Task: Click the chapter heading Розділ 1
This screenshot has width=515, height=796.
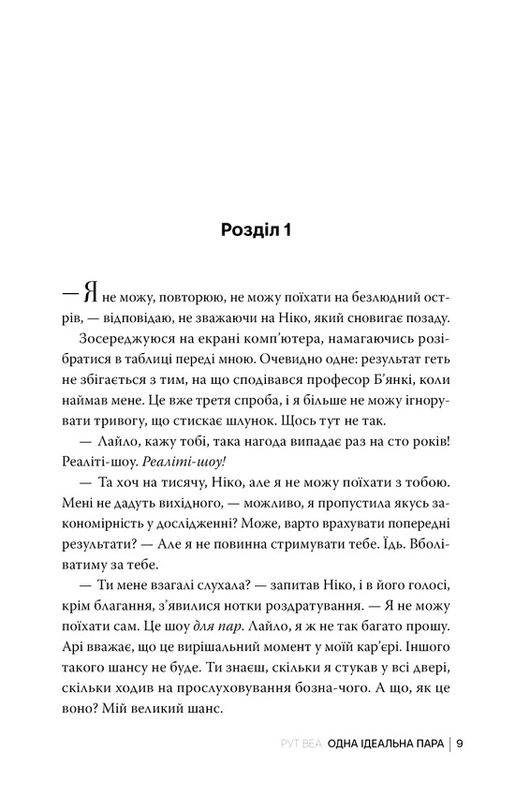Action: [x=257, y=229]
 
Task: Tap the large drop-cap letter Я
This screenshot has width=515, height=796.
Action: [x=89, y=296]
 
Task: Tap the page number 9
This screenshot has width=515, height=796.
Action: [x=462, y=746]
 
